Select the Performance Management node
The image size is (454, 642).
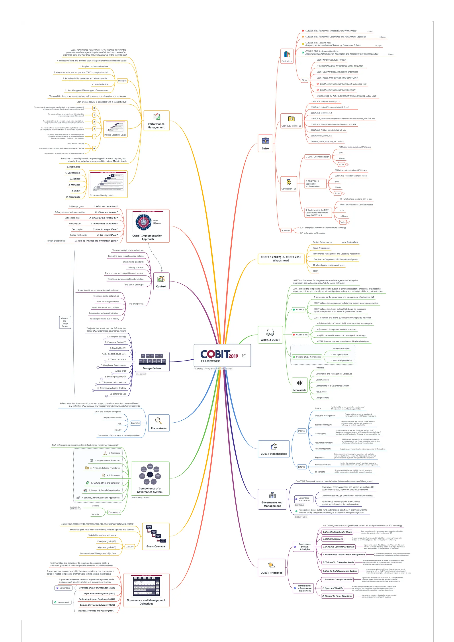(x=156, y=120)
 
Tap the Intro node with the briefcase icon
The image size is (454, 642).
(x=265, y=143)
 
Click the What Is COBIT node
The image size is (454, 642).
(x=270, y=335)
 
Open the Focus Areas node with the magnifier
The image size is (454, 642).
(x=159, y=423)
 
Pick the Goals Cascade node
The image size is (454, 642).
(x=156, y=536)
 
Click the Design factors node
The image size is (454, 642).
(x=152, y=362)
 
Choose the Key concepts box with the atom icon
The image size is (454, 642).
(x=299, y=385)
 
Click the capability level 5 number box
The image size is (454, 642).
(x=94, y=108)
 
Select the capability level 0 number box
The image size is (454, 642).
(x=94, y=149)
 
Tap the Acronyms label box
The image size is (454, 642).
(x=286, y=230)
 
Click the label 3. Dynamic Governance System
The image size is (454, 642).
(x=339, y=547)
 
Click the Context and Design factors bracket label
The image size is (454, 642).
(x=65, y=322)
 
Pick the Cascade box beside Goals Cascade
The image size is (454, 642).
(x=129, y=546)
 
